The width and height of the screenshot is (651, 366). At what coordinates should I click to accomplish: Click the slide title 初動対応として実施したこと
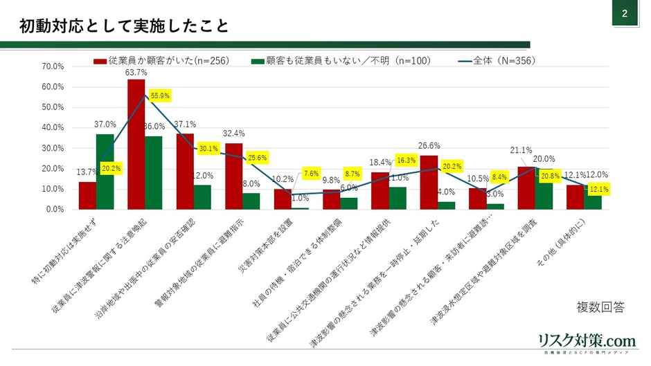[123, 26]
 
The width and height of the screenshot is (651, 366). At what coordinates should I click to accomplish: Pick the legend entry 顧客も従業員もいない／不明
[346, 60]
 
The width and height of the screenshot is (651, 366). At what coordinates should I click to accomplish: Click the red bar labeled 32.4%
[234, 176]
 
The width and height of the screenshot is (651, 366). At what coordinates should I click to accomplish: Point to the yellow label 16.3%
[407, 159]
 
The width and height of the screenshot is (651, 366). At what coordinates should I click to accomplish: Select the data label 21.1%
[521, 150]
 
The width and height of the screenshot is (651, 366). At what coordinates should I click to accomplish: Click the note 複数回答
[600, 307]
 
